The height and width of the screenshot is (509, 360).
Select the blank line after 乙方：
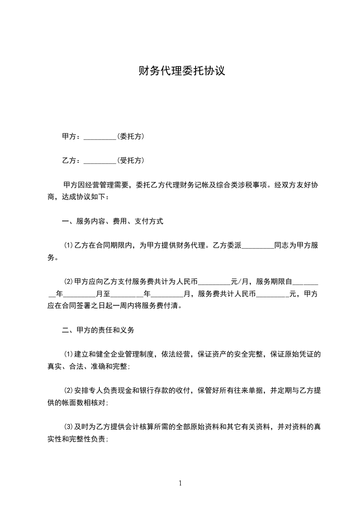click(100, 161)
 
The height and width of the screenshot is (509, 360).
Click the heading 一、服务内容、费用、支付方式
click(113, 222)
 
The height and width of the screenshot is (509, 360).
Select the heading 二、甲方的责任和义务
click(98, 330)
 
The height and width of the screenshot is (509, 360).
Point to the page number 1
click(180, 483)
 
